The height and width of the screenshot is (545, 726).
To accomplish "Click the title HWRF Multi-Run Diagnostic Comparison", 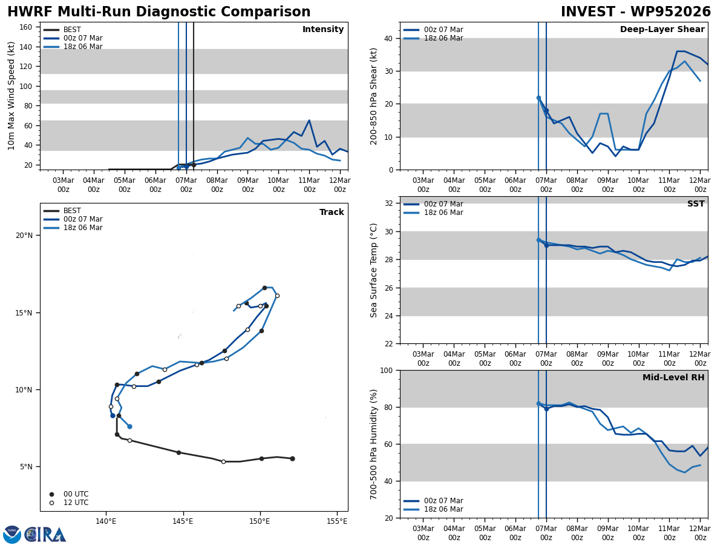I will coord(159,12).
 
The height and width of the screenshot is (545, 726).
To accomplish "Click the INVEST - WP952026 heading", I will coord(635,12).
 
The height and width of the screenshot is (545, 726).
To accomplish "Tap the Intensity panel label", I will coord(323,30).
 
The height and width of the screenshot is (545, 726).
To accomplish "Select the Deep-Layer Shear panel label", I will coord(662,30).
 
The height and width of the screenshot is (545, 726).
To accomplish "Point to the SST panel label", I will coord(696,204).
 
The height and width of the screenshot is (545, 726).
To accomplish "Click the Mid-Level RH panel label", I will coord(673,378).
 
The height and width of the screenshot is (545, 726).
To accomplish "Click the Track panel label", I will coord(332,213).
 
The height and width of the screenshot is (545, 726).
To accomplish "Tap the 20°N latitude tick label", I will coord(24,236).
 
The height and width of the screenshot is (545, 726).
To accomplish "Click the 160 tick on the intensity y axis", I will coord(26,27).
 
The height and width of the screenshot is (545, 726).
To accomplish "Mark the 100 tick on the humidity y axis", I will coord(385,370).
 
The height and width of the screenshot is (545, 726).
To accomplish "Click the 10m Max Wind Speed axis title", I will coord(11,96).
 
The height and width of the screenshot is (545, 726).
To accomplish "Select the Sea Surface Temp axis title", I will coord(374,270).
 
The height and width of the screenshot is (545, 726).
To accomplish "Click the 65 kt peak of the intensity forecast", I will coord(309,120).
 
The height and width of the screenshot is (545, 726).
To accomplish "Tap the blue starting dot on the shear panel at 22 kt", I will coord(538,97).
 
